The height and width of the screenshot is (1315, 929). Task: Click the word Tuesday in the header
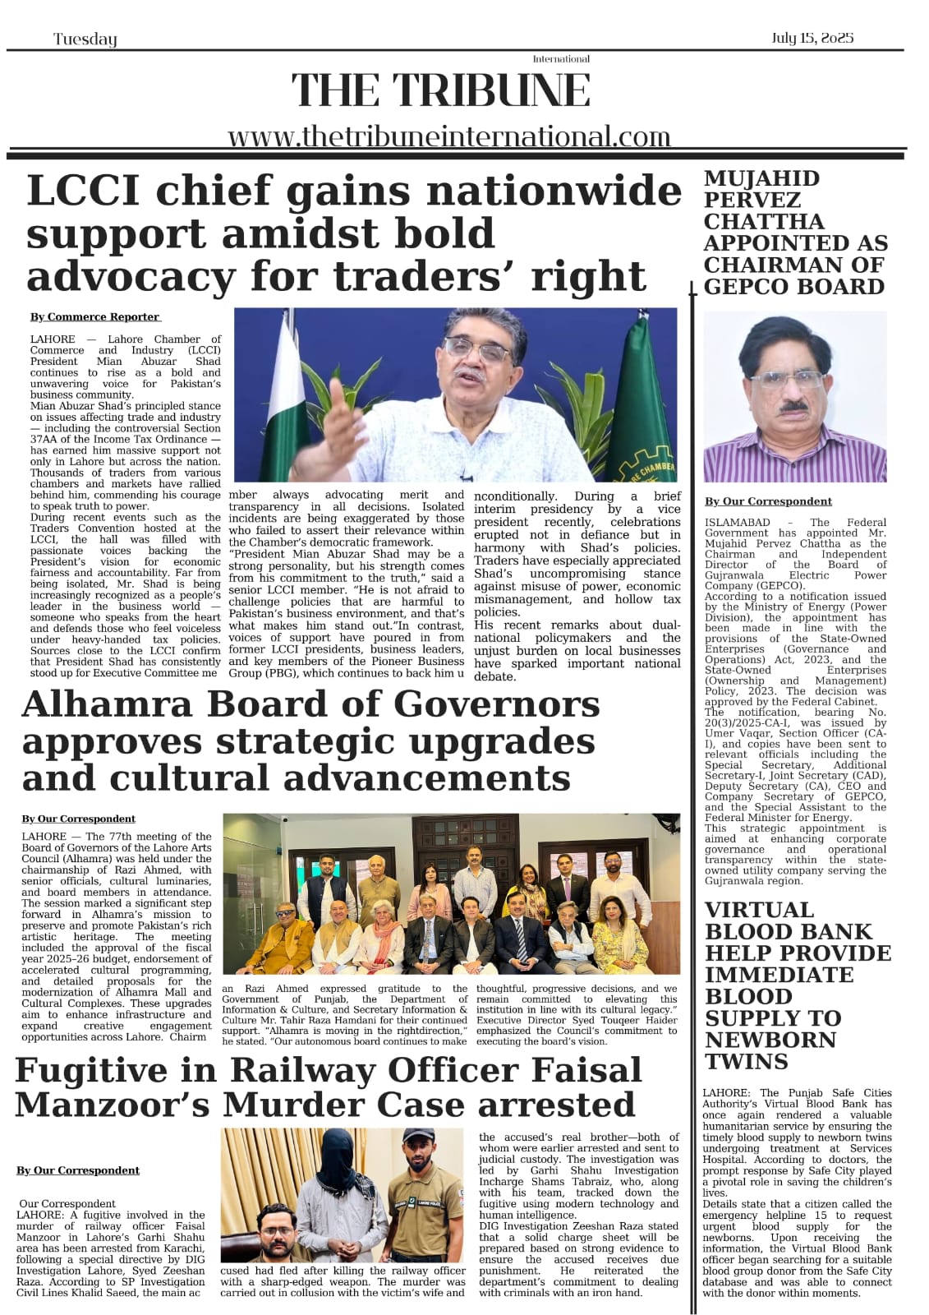click(85, 39)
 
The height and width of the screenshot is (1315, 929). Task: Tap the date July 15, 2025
click(812, 38)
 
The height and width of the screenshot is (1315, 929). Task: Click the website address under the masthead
click(448, 136)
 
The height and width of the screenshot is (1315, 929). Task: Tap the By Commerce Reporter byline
click(95, 316)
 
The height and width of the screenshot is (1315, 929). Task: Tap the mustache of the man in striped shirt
click(793, 406)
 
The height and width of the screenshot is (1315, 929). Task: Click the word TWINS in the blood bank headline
click(746, 1061)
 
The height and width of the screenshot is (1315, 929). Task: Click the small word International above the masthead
click(561, 59)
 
